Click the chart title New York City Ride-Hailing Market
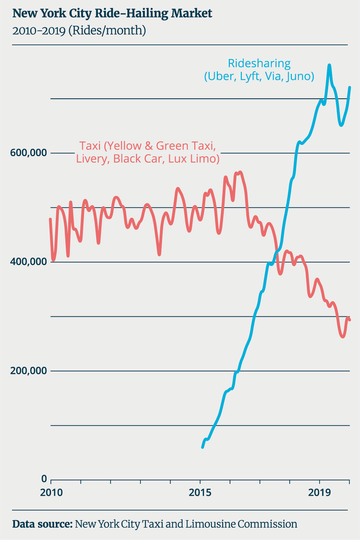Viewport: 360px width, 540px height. coord(112,14)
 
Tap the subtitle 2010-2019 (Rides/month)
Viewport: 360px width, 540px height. coord(79,31)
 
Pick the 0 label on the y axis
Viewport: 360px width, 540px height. coord(44,478)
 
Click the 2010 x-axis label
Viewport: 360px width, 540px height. coord(51,493)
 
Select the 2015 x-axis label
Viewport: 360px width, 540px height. coord(200,493)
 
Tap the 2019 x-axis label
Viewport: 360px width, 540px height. coord(320,493)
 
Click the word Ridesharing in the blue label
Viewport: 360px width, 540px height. coord(259,64)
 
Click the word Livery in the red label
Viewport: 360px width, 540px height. coord(91,159)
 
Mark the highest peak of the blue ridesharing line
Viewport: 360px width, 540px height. coord(329,65)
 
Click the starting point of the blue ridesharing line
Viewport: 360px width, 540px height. coord(202,447)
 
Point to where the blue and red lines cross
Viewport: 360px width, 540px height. coord(276,252)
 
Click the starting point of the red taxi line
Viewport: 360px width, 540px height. coord(50,219)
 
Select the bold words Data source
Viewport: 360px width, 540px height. coord(42,524)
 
